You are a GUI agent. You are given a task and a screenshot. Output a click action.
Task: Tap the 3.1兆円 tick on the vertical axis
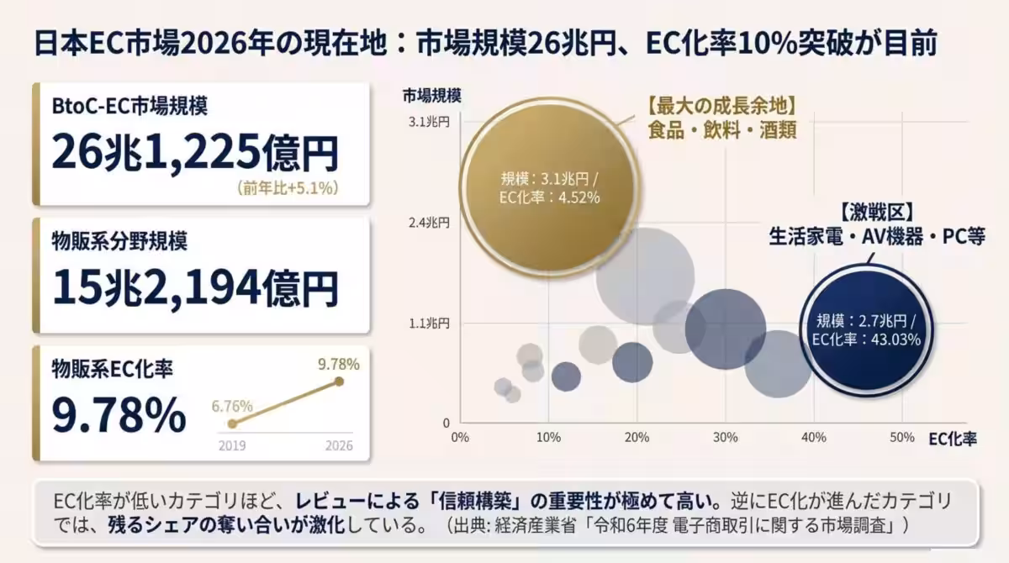tap(430, 122)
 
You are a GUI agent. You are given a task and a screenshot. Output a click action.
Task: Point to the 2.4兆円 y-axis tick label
tap(430, 223)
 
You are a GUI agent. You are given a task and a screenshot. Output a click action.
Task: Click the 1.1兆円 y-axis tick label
tap(430, 323)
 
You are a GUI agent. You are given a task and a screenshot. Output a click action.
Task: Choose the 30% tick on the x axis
tap(725, 438)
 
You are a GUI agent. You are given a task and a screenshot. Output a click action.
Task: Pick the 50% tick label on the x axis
tap(901, 438)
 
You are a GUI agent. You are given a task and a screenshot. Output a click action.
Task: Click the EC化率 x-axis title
tap(953, 439)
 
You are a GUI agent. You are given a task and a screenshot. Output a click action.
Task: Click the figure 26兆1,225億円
tap(195, 152)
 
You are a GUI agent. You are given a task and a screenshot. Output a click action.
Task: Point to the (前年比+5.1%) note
tap(288, 188)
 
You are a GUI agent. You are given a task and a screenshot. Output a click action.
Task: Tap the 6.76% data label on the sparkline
tap(233, 405)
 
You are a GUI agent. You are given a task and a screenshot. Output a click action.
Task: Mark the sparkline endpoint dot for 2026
tap(339, 381)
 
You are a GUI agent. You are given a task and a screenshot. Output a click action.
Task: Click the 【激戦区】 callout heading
tap(874, 210)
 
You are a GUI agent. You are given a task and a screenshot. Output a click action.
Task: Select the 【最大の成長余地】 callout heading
tap(721, 107)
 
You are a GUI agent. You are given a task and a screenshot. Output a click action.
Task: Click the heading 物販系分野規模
tap(119, 241)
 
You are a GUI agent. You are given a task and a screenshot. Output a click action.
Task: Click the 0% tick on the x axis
tap(460, 438)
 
